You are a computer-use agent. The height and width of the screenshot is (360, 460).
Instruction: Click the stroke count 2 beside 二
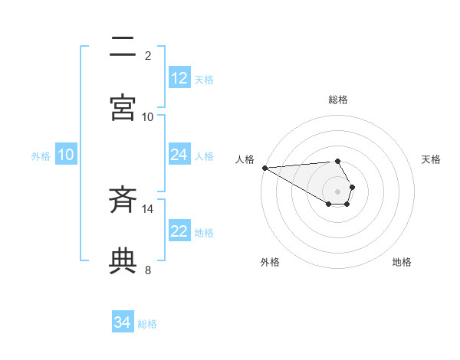(x=148, y=55)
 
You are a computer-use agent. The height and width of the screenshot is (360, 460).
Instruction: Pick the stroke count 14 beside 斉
(x=148, y=208)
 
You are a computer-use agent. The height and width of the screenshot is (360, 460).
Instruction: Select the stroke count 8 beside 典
(x=148, y=269)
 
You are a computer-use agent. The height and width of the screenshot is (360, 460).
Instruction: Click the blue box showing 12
(x=179, y=78)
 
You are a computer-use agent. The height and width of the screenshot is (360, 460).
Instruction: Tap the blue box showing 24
(x=179, y=155)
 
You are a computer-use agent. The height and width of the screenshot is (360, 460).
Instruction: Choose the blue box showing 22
(x=179, y=231)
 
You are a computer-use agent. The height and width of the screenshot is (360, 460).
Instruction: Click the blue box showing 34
(x=122, y=322)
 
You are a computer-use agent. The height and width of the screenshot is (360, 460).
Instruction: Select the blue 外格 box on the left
(x=66, y=155)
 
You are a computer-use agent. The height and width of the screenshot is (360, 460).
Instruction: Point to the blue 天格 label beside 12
(x=204, y=79)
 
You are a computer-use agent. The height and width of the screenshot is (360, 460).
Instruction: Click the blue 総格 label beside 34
(x=147, y=323)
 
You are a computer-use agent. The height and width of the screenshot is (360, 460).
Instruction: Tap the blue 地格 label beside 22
(x=204, y=232)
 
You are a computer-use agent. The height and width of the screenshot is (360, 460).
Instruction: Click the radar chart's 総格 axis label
(x=338, y=100)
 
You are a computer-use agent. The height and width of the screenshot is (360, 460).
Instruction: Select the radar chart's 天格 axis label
(x=432, y=159)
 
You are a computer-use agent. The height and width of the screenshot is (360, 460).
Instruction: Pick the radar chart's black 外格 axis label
(x=270, y=262)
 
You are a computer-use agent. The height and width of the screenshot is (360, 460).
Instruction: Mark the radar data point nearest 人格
(x=264, y=168)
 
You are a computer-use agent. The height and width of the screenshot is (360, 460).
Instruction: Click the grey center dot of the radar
(x=337, y=191)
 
